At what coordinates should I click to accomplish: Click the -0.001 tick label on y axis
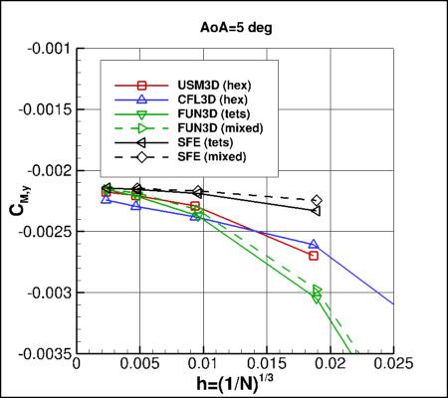pos(50,48)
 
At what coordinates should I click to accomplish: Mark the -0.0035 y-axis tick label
pos(47,355)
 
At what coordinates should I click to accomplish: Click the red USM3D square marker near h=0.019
pos(314,256)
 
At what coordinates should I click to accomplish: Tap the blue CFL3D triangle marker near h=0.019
pos(314,245)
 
